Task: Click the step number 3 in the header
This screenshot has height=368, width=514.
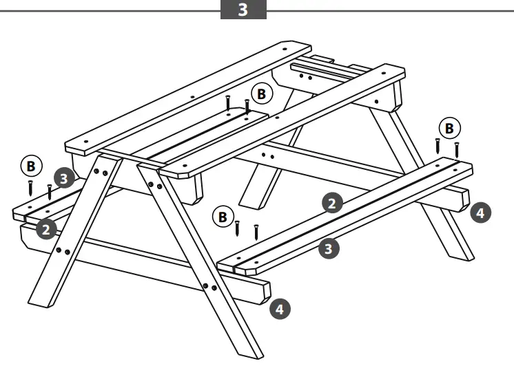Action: pyautogui.click(x=243, y=10)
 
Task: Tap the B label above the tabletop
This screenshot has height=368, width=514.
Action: pyautogui.click(x=260, y=92)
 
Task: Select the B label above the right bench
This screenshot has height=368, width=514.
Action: pyautogui.click(x=449, y=128)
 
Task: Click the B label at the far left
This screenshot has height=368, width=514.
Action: pyautogui.click(x=30, y=166)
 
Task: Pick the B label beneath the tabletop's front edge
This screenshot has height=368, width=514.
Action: pyautogui.click(x=222, y=217)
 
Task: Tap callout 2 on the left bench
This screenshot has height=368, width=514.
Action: pyautogui.click(x=46, y=228)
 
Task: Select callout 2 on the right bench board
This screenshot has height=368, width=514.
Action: pyautogui.click(x=332, y=203)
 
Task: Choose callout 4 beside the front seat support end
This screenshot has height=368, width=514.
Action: pyautogui.click(x=278, y=309)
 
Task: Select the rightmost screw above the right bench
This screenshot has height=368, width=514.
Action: pyautogui.click(x=456, y=149)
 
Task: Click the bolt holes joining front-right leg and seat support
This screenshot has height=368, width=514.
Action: pyautogui.click(x=209, y=286)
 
